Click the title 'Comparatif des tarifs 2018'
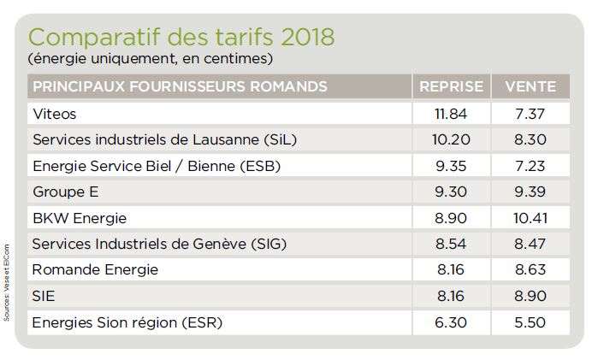coord(181,38)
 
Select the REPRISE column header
coord(451,86)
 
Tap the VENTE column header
coord(530,86)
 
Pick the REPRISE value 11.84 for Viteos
coord(451,113)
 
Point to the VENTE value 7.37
coord(530,113)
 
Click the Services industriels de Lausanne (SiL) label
coord(164,139)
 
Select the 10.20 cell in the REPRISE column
coord(451,139)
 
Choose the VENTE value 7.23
coord(530,166)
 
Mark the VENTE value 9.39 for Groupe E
coord(530,192)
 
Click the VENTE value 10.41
coord(530,218)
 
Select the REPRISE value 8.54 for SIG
coord(451,245)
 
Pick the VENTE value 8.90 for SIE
coord(530,297)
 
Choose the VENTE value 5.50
coord(530,323)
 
